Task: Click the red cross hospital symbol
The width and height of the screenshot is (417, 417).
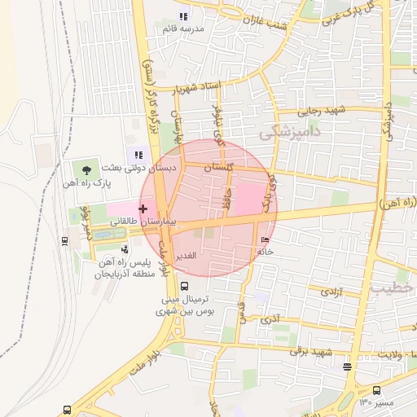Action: point(143,208)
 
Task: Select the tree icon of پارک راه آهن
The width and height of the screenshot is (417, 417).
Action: point(86,170)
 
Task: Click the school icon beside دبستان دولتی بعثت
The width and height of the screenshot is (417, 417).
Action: point(139,155)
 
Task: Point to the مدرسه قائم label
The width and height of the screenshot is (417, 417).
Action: point(182,29)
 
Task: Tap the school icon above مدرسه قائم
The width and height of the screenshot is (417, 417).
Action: point(183,15)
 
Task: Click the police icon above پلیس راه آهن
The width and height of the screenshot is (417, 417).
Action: point(124,249)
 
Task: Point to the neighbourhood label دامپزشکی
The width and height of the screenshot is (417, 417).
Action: point(290,129)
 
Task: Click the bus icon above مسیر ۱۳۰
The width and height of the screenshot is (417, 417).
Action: point(376,390)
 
